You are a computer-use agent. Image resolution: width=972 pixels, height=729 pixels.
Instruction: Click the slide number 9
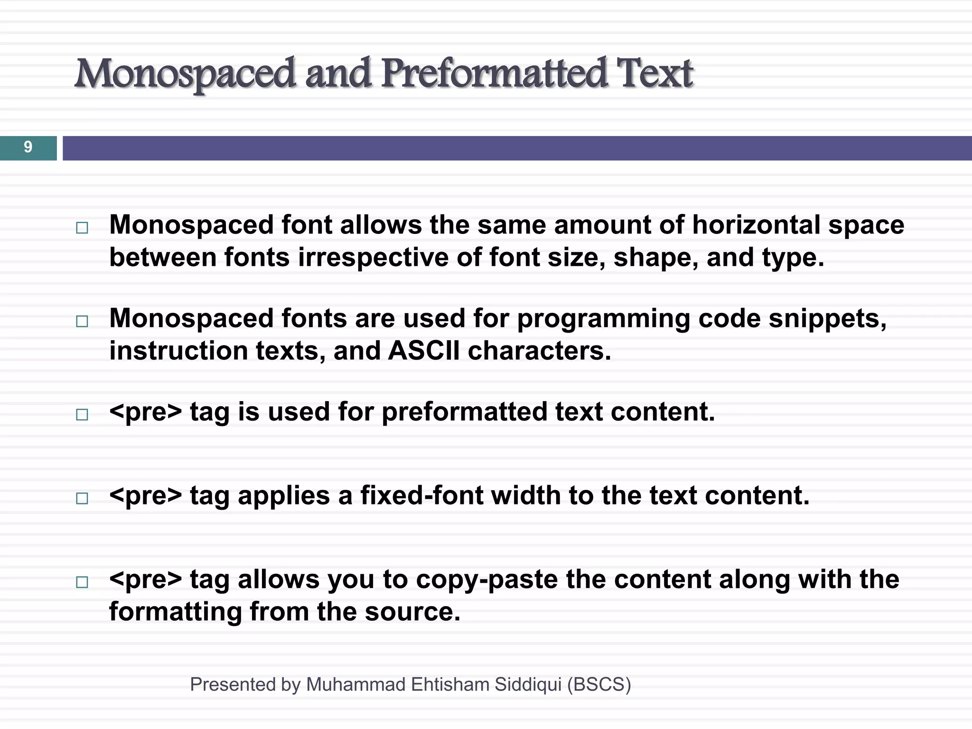pyautogui.click(x=28, y=147)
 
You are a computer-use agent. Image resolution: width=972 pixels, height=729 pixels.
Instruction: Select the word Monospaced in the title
pyautogui.click(x=185, y=74)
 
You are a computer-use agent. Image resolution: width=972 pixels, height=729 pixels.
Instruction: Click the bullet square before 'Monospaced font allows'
pyautogui.click(x=82, y=228)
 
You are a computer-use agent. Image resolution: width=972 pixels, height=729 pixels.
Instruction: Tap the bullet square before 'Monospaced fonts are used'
pyautogui.click(x=82, y=321)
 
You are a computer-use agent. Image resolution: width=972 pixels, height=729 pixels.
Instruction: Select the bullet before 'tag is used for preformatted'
pyautogui.click(x=82, y=414)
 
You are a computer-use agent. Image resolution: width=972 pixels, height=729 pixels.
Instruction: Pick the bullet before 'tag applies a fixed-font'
pyautogui.click(x=82, y=498)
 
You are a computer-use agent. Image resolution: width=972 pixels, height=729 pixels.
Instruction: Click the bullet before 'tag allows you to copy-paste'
pyautogui.click(x=82, y=582)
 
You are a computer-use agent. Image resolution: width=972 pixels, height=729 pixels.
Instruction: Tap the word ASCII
pyautogui.click(x=424, y=351)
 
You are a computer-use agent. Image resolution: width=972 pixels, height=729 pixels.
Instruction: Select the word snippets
pyautogui.click(x=827, y=319)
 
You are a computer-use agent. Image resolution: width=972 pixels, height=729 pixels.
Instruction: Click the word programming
pyautogui.click(x=603, y=319)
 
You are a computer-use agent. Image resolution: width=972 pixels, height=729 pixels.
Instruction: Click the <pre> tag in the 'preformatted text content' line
pyautogui.click(x=145, y=412)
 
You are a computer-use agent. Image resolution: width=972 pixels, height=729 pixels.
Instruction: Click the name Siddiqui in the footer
pyautogui.click(x=528, y=684)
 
